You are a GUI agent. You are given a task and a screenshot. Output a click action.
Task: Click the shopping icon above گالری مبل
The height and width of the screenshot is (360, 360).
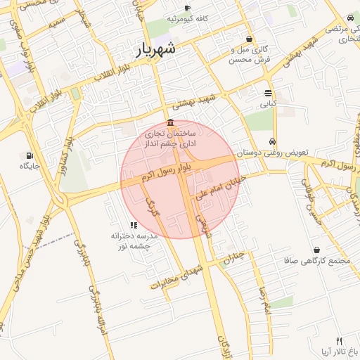click(250, 39)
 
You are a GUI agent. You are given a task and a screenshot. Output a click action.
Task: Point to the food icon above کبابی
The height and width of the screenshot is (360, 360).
click(269, 93)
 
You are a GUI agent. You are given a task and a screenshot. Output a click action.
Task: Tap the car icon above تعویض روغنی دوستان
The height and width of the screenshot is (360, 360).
click(273, 140)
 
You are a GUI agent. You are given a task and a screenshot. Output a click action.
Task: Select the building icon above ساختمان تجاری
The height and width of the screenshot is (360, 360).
click(171, 124)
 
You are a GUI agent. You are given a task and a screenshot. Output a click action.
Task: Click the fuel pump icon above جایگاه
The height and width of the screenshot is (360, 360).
click(29, 155)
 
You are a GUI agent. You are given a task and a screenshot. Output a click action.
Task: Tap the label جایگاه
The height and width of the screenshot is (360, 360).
click(29, 167)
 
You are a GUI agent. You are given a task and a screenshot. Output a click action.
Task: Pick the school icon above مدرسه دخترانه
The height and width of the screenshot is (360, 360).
click(133, 225)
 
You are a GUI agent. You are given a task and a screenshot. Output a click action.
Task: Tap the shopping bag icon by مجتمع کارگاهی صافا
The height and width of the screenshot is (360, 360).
click(316, 250)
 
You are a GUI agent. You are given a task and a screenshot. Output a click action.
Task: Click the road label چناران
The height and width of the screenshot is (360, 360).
click(237, 259)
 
